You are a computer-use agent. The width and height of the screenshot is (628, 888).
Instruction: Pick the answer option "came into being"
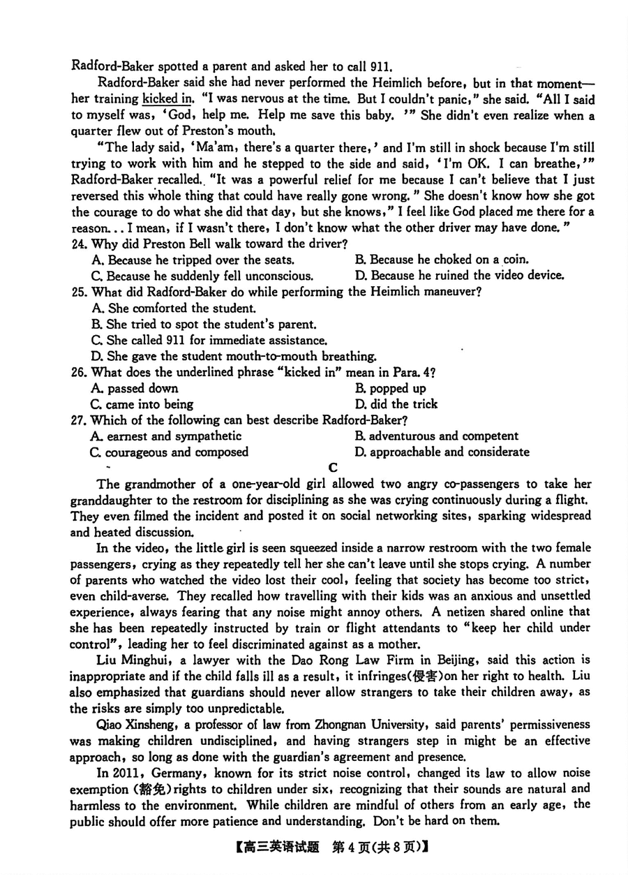click(143, 404)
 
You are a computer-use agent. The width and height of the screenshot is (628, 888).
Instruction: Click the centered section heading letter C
click(333, 467)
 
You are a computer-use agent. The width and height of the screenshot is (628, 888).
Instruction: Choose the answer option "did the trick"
click(396, 404)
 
